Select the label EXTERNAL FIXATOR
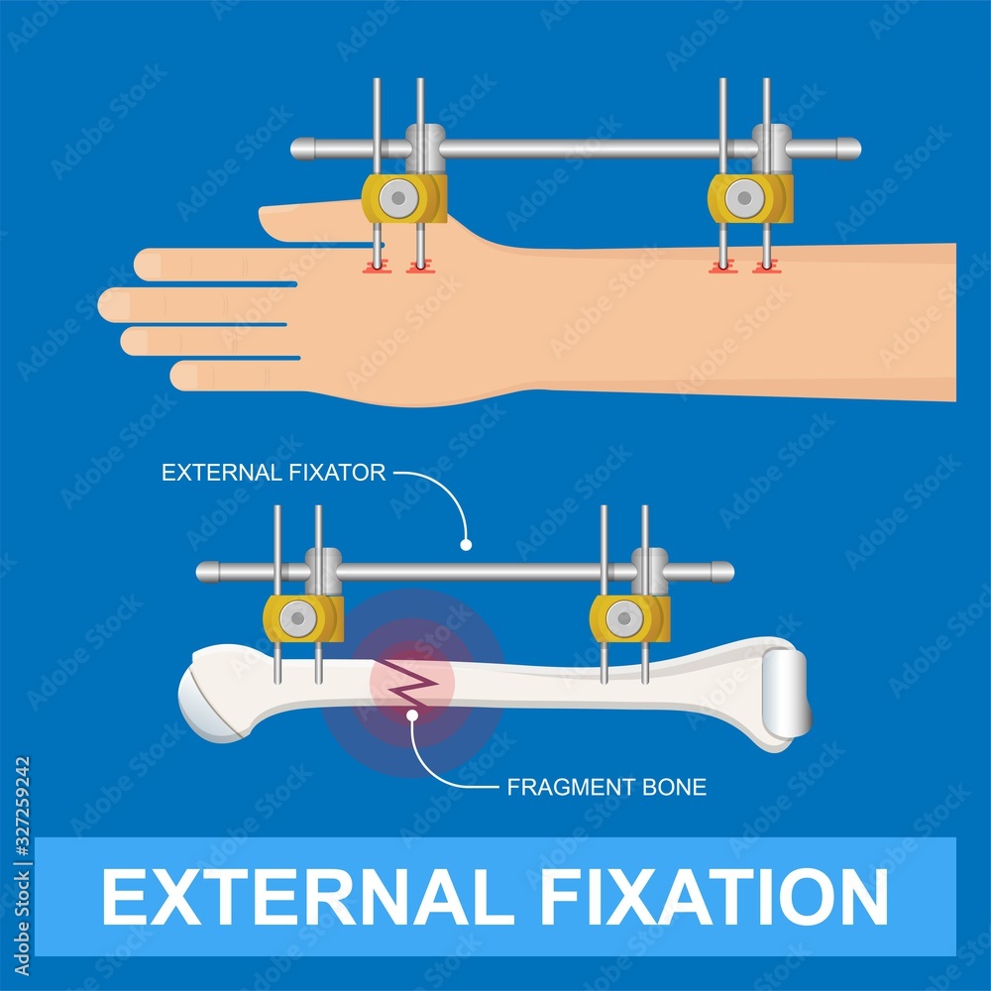click(x=274, y=473)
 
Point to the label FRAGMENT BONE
click(x=606, y=788)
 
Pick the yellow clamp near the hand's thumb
click(x=403, y=199)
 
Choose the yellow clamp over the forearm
click(x=750, y=199)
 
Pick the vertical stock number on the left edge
click(x=23, y=838)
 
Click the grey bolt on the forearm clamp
click(x=743, y=199)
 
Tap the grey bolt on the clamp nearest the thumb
click(x=398, y=199)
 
